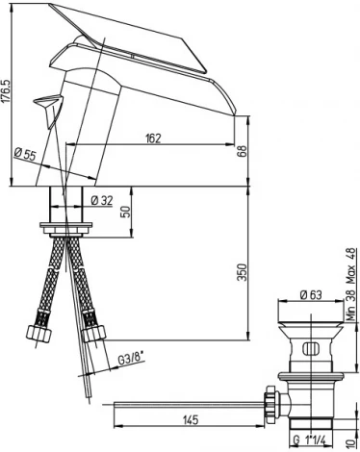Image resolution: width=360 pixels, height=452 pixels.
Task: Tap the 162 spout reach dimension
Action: [x=153, y=138]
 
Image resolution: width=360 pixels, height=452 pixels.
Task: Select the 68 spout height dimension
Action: [x=243, y=151]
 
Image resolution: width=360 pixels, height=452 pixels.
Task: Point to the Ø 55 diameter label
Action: [x=25, y=155]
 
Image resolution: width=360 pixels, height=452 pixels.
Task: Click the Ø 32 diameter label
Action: [x=102, y=201]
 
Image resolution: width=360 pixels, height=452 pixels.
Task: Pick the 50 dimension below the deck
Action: [x=127, y=212]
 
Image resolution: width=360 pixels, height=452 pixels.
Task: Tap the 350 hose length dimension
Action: [x=243, y=272]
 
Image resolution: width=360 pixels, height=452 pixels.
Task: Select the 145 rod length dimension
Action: [x=191, y=419]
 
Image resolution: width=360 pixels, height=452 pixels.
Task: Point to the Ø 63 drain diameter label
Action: [x=311, y=294]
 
